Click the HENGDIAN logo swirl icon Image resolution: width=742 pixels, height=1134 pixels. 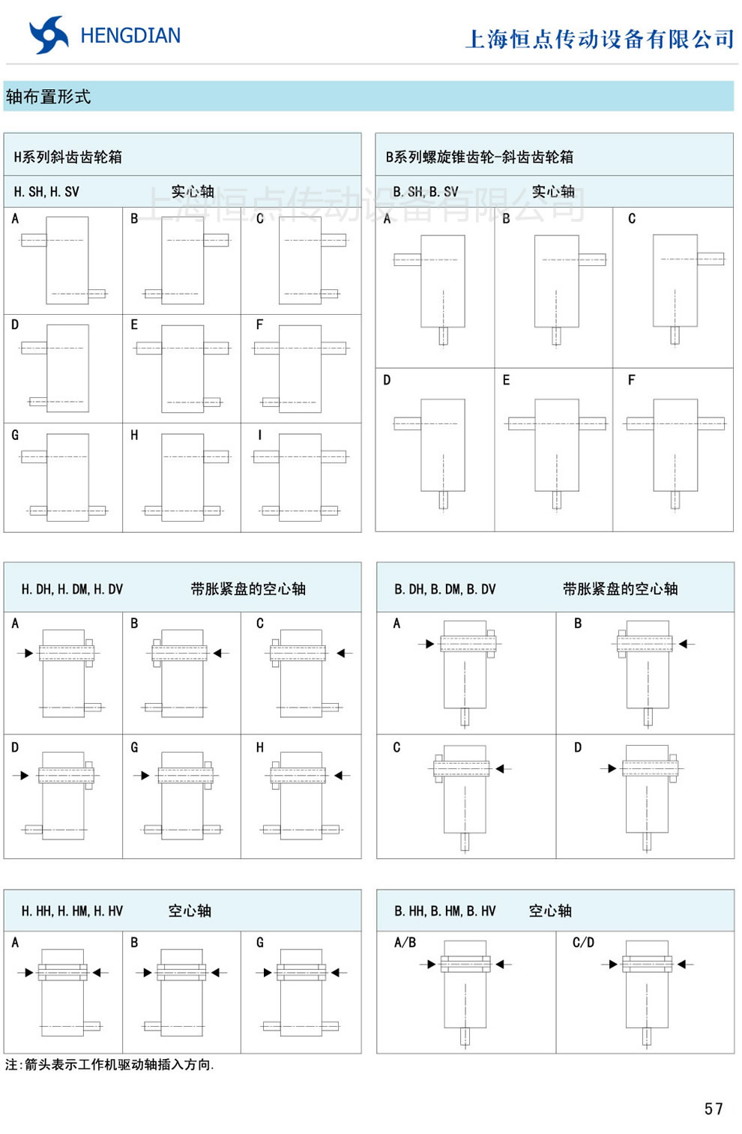[48, 34]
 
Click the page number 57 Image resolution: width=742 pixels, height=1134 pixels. [714, 1109]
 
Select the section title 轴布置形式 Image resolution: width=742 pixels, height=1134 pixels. [48, 97]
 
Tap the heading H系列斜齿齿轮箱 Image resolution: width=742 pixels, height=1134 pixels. [67, 157]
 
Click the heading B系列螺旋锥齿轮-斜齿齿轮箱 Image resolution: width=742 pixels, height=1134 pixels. [479, 157]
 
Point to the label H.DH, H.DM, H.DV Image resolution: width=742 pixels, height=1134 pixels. [72, 589]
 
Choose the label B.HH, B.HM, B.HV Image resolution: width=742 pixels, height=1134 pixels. [444, 911]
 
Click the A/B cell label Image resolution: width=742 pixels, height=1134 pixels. [405, 942]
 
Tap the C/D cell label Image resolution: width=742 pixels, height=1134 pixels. [583, 942]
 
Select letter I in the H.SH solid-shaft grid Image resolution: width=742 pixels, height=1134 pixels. [260, 435]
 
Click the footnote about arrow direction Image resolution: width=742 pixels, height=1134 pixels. [109, 1064]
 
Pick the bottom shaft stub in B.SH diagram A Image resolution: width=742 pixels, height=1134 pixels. [443, 336]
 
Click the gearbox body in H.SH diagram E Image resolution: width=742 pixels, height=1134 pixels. [182, 368]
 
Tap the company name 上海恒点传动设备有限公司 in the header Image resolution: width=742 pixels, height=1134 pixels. [600, 39]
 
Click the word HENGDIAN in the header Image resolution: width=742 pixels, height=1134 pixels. [130, 35]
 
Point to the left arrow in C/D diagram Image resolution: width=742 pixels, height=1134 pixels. [610, 965]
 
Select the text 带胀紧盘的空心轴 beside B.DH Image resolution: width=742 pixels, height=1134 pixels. [620, 589]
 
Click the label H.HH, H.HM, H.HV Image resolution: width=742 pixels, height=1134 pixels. [72, 911]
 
